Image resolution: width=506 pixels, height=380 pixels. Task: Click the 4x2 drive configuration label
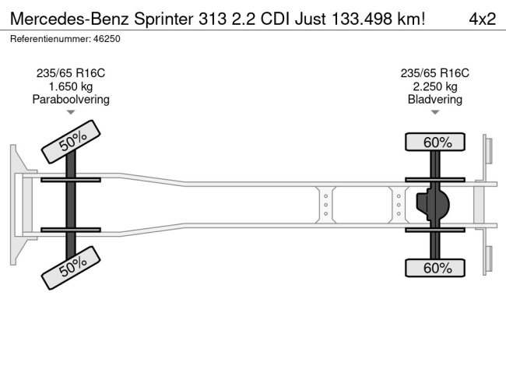[x=483, y=19]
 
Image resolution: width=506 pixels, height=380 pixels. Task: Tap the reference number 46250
[x=107, y=39]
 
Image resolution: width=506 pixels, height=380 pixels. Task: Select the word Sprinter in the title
[x=164, y=19]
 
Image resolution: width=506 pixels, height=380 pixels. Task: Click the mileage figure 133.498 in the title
[x=362, y=19]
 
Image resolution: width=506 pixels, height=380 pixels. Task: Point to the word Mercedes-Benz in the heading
[x=70, y=19]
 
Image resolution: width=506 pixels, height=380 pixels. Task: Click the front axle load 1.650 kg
[x=71, y=86]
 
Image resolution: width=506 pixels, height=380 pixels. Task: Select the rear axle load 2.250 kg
[x=435, y=86]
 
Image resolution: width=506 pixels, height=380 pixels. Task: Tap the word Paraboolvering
[x=71, y=100]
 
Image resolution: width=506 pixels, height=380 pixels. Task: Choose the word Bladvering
[x=435, y=100]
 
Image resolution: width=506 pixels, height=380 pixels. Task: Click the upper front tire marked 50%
[x=71, y=142]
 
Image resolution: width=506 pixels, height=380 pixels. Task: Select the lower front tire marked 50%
[x=71, y=268]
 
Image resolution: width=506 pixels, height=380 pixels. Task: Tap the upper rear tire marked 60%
[x=435, y=142]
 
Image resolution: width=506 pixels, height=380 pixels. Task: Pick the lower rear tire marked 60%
[x=435, y=268]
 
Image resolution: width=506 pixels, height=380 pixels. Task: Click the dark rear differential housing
[x=432, y=205]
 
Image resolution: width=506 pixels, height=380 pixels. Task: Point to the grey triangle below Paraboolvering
[x=71, y=112]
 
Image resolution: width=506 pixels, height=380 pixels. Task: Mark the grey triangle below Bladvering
[x=435, y=112]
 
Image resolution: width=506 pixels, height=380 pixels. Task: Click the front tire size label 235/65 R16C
[x=71, y=73]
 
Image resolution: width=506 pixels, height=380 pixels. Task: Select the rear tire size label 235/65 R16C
[x=435, y=73]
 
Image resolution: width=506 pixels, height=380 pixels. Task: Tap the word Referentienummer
[x=51, y=39]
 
